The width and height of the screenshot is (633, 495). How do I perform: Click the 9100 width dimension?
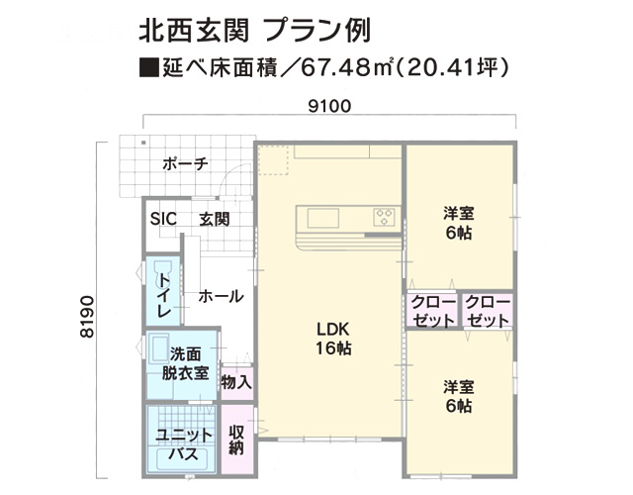(x=329, y=106)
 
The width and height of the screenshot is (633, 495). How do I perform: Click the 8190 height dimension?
(x=87, y=317)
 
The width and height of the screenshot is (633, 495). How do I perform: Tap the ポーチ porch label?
(x=185, y=163)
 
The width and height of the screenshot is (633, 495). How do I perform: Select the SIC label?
(x=163, y=219)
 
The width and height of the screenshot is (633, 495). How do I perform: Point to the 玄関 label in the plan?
(x=215, y=220)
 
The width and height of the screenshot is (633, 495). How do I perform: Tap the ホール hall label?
(x=221, y=297)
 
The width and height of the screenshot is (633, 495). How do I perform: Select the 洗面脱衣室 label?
(x=185, y=363)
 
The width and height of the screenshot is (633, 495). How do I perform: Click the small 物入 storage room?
(x=237, y=383)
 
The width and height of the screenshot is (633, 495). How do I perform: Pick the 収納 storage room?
(x=237, y=440)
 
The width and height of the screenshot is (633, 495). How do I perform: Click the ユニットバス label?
(x=184, y=445)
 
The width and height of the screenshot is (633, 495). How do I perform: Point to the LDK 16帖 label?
(x=332, y=339)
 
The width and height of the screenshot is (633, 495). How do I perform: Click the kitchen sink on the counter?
(x=323, y=218)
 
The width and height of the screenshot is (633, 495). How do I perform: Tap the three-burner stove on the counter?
(x=384, y=217)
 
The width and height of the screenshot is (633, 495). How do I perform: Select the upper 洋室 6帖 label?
(x=459, y=223)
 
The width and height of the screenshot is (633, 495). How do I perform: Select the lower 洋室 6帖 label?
(x=459, y=396)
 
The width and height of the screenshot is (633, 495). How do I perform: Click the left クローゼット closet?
(x=432, y=310)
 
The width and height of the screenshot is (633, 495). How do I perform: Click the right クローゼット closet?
(x=488, y=310)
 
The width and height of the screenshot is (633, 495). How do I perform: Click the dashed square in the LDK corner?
(x=273, y=160)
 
